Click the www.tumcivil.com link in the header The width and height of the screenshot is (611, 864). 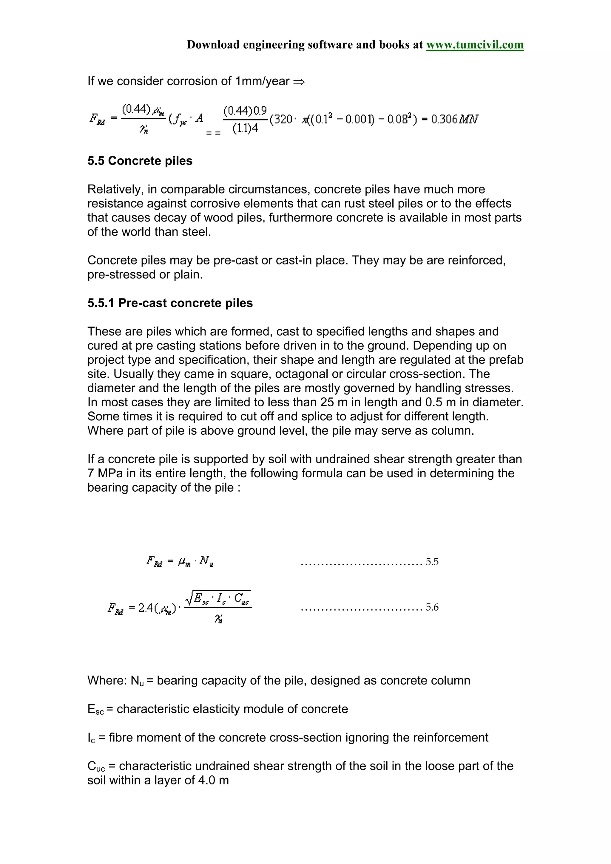[474, 45]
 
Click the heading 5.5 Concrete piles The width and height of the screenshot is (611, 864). [140, 161]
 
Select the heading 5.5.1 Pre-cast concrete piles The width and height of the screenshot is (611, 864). [170, 303]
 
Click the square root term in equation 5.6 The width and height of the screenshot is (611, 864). [218, 598]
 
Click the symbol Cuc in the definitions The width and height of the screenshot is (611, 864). [96, 766]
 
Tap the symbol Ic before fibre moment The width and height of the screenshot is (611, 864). [91, 738]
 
